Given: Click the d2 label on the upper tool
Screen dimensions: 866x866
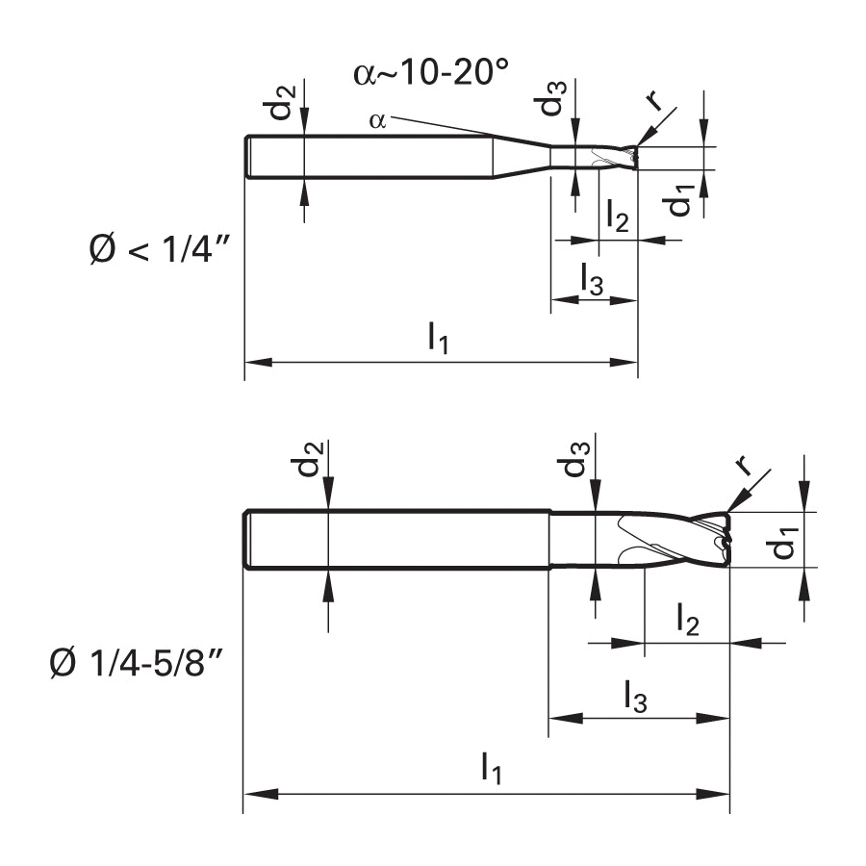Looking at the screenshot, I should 283,104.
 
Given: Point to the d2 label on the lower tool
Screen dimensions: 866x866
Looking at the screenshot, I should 307,465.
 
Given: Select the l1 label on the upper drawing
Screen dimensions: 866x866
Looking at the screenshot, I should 438,339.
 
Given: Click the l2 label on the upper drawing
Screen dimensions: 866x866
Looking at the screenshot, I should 617,216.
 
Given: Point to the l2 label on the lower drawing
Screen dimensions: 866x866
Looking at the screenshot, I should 688,621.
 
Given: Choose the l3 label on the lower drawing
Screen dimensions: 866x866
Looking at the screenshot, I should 635,695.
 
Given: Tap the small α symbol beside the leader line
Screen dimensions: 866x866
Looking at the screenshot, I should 377,120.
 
